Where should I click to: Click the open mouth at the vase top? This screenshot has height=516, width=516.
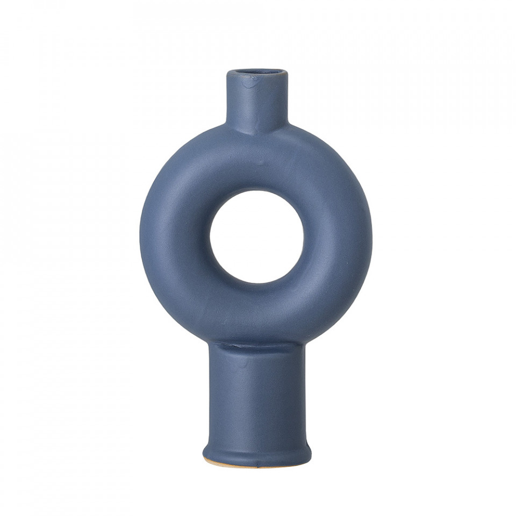pos(256,73)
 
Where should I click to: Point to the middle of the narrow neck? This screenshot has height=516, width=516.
pos(256,102)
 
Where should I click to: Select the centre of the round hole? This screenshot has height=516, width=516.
pos(256,236)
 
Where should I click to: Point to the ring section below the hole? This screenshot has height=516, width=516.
pos(256,312)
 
